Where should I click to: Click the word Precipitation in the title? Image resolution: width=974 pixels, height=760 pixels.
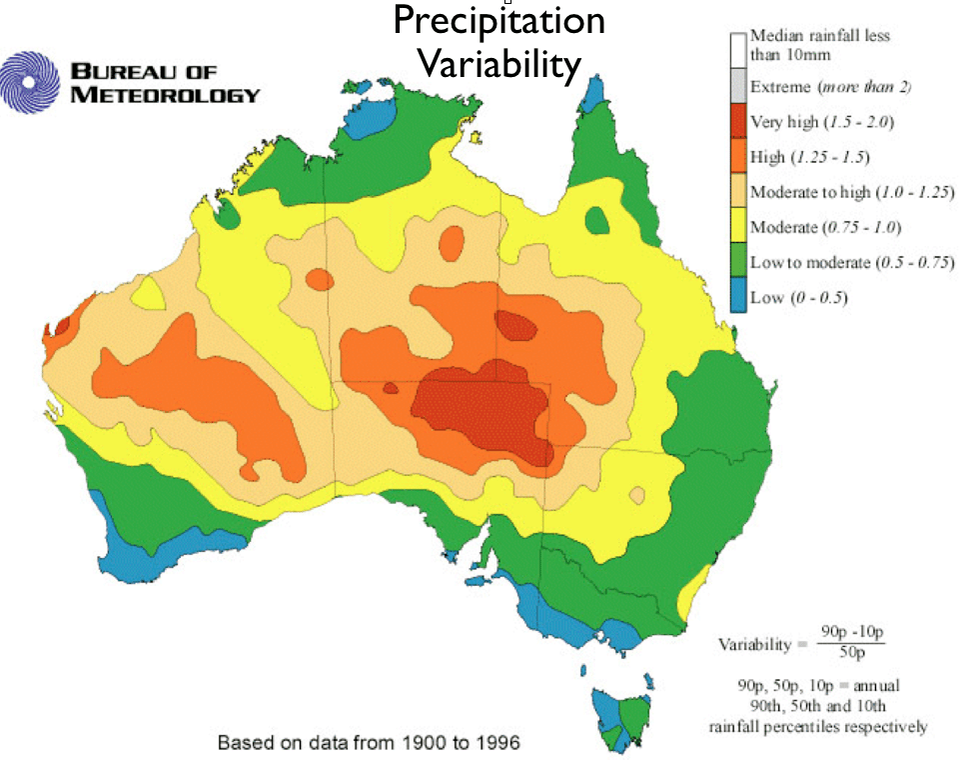(x=498, y=20)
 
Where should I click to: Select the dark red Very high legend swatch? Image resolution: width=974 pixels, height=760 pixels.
(x=738, y=122)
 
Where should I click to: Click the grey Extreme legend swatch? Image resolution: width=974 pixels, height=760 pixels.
(x=738, y=87)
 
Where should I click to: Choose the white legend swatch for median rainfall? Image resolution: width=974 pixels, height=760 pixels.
(x=738, y=46)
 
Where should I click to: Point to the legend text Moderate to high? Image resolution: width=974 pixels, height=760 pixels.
(x=810, y=192)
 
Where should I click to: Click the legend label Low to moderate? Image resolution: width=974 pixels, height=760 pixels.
(x=810, y=262)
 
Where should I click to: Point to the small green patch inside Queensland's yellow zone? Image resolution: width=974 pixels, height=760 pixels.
(x=598, y=220)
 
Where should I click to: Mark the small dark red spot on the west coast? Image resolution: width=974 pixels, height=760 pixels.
(x=61, y=326)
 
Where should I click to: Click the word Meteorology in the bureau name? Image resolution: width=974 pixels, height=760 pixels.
(x=165, y=95)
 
